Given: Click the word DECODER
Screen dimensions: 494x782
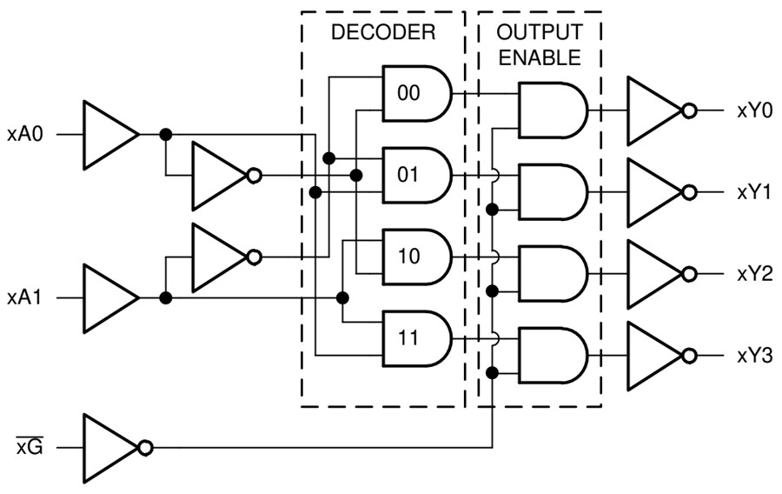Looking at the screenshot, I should [x=382, y=34].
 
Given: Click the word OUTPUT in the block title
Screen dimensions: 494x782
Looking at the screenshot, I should [x=539, y=32].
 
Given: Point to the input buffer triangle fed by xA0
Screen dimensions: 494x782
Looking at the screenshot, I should [x=107, y=135].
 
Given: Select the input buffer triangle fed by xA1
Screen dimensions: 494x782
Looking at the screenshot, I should [x=107, y=298].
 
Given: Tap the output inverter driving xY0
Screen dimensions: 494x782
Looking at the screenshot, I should [x=654, y=110].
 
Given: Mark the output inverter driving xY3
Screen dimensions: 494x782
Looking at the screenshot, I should [x=654, y=356].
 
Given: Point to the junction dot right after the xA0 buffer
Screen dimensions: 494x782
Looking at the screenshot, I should [x=165, y=135].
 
